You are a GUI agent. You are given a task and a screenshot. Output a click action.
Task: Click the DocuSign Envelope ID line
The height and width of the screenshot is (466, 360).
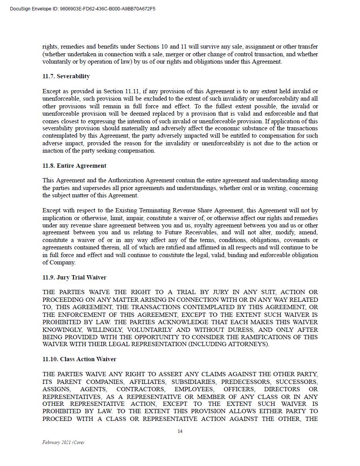click(83, 9)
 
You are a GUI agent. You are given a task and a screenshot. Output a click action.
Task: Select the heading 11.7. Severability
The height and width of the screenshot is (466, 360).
click(66, 76)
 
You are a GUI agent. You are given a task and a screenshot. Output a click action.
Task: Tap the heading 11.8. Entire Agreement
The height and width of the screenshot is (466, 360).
click(74, 166)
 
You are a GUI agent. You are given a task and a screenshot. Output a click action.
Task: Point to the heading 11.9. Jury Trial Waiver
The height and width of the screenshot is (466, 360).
click(74, 278)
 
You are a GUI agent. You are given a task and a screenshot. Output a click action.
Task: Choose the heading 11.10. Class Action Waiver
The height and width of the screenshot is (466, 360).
click(79, 359)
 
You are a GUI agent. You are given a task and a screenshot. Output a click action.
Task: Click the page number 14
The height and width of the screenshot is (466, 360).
click(180, 431)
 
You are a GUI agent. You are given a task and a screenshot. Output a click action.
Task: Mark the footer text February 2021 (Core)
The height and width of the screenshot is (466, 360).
click(63, 442)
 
